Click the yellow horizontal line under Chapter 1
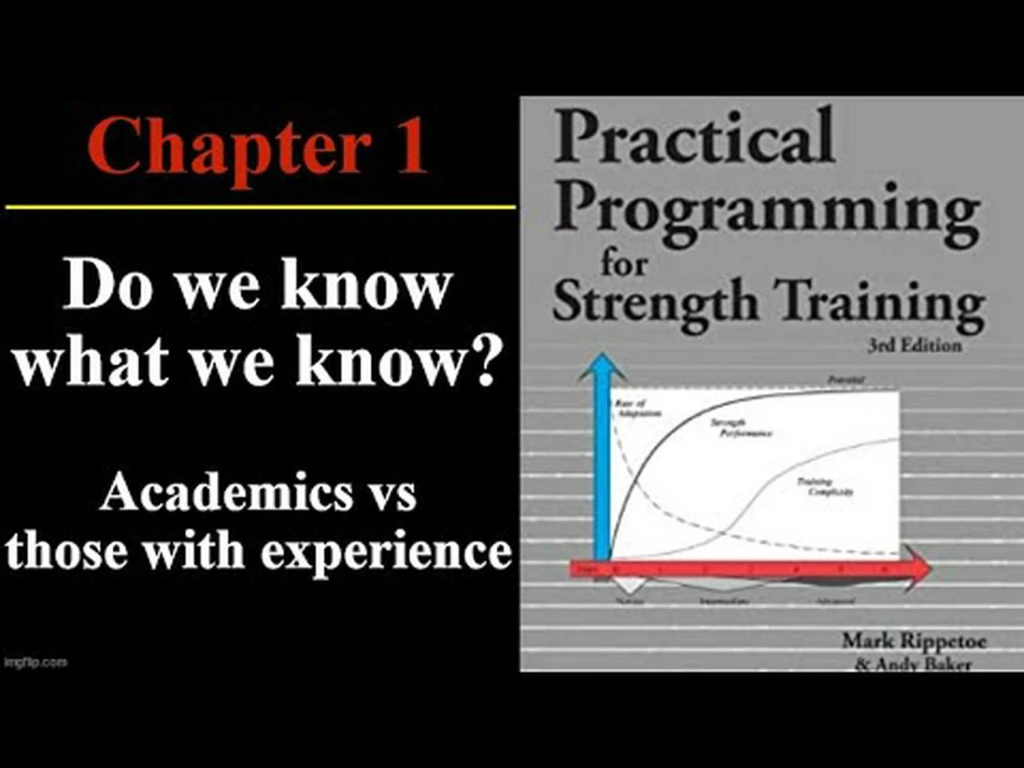coord(260,207)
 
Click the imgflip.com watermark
coord(35,662)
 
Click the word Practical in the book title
coord(694,137)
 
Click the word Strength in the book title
coord(654,305)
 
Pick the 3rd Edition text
coord(914,346)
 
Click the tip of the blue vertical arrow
coord(602,358)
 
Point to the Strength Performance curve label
coord(740,428)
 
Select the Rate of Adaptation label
coord(638,409)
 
